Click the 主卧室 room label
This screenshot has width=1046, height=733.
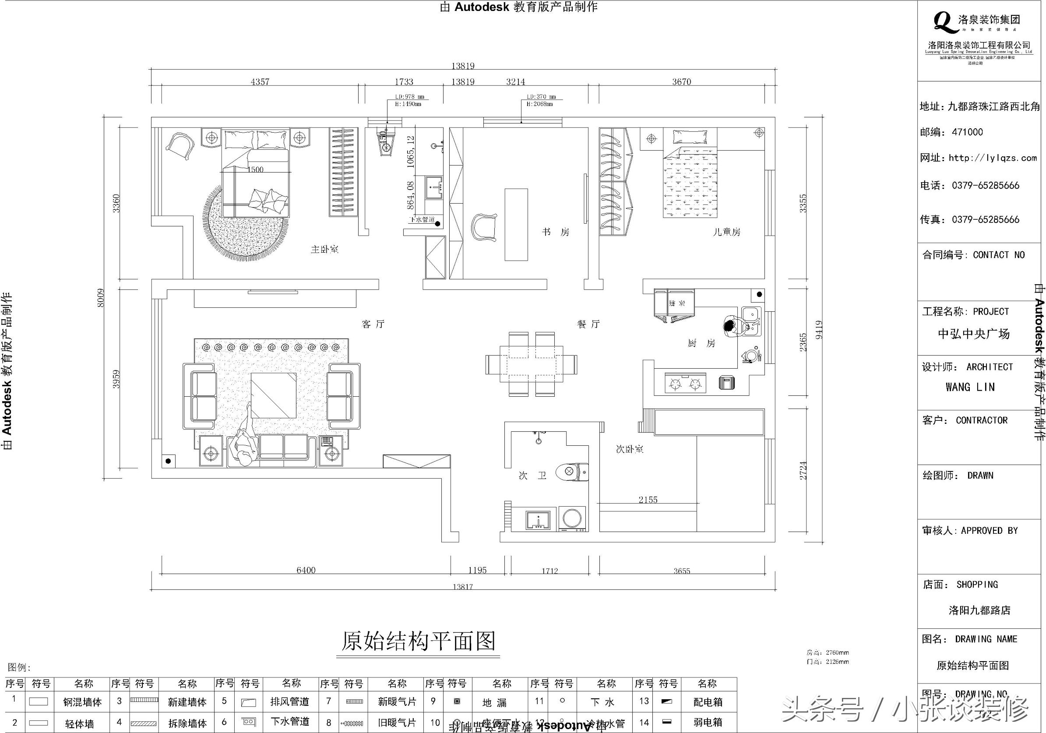pyautogui.click(x=324, y=250)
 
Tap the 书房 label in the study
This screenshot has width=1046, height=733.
pyautogui.click(x=555, y=233)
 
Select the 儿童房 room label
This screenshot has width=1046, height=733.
pyautogui.click(x=726, y=232)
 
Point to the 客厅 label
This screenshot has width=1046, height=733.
pyautogui.click(x=373, y=324)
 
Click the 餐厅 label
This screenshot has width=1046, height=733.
pyautogui.click(x=588, y=324)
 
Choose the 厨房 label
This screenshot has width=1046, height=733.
pyautogui.click(x=701, y=343)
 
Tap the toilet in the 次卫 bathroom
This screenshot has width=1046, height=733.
pyautogui.click(x=573, y=472)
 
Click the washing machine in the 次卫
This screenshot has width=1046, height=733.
pyautogui.click(x=572, y=519)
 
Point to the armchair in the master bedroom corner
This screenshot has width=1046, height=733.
pyautogui.click(x=180, y=146)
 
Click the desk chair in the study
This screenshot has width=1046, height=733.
pyautogui.click(x=483, y=227)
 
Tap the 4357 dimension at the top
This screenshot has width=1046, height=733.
pyautogui.click(x=260, y=82)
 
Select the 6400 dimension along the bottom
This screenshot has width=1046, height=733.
pyautogui.click(x=306, y=571)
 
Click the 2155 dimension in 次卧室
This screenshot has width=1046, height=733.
pyautogui.click(x=648, y=500)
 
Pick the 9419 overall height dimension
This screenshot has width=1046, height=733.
pyautogui.click(x=819, y=330)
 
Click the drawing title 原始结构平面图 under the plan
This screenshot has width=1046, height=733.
pyautogui.click(x=418, y=641)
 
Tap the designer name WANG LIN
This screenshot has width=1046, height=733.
pyautogui.click(x=976, y=387)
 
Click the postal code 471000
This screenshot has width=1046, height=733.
pyautogui.click(x=967, y=132)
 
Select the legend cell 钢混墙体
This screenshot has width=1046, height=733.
pyautogui.click(x=82, y=702)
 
